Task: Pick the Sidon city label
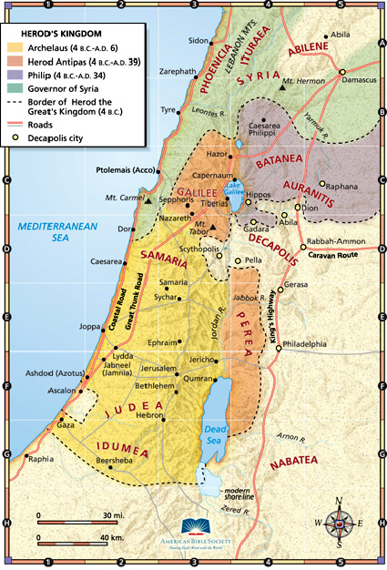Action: click(199, 40)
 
